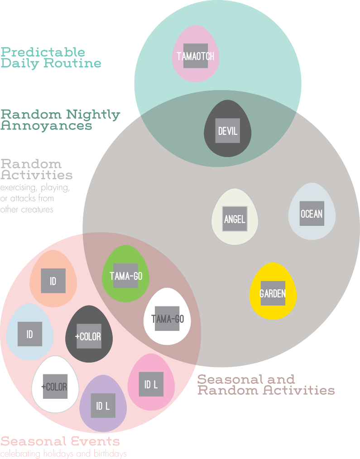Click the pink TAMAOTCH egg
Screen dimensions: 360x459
point(196,54)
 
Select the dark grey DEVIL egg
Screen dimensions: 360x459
point(228,129)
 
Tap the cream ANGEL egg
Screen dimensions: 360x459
point(235,217)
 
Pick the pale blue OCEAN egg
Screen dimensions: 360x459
point(312,212)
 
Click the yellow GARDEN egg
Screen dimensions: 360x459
point(273,292)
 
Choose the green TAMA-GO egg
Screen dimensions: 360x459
point(126,274)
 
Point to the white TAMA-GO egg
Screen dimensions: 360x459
point(167,317)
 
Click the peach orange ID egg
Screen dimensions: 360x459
point(53,279)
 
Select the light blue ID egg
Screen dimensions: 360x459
point(30,332)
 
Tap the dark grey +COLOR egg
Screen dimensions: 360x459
point(89,335)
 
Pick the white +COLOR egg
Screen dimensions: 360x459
point(55,385)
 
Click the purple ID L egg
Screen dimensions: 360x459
point(103,404)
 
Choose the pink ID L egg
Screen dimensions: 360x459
point(151,382)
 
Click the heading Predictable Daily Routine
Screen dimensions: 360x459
point(51,57)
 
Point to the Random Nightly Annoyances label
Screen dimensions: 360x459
point(60,120)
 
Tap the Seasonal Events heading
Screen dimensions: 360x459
point(60,441)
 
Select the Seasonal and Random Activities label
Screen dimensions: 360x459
point(266,385)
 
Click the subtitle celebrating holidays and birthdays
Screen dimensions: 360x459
point(63,454)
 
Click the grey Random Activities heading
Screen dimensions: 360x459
point(37,169)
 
